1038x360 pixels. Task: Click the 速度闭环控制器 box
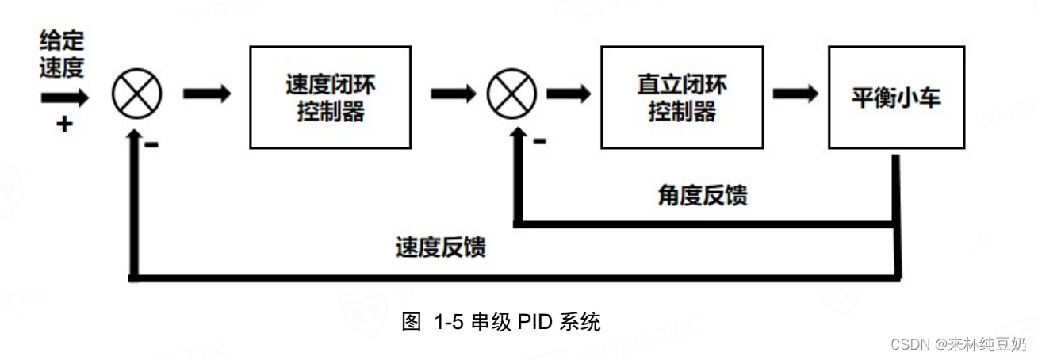[x=330, y=97]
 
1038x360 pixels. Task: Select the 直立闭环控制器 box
[x=682, y=97]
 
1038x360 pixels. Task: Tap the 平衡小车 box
[x=897, y=97]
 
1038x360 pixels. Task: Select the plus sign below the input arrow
[x=63, y=124]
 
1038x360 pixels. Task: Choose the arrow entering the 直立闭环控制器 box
[x=568, y=94]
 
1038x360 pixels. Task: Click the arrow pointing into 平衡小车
[x=795, y=94]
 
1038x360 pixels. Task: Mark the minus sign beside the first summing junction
[x=151, y=144]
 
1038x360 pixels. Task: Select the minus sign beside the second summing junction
[x=539, y=141]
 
